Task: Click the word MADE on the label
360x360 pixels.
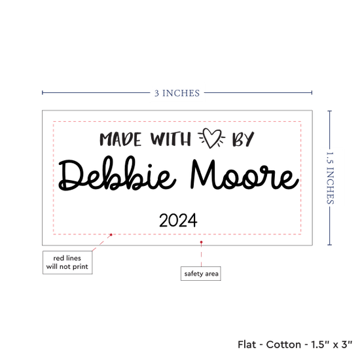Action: click(120, 139)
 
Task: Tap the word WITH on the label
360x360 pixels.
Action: click(171, 139)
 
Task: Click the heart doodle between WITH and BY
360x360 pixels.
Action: click(211, 137)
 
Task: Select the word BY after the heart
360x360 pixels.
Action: click(243, 139)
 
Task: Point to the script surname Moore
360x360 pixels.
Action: click(245, 174)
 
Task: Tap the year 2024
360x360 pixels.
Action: click(178, 221)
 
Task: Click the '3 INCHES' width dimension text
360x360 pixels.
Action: click(177, 93)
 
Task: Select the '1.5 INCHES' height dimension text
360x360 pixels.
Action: click(330, 178)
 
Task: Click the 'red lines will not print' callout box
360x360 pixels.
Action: click(67, 262)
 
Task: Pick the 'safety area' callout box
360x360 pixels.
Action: click(201, 274)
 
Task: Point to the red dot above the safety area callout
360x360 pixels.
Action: click(201, 242)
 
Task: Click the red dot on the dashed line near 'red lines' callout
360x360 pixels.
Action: click(111, 234)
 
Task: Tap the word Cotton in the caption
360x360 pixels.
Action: click(283, 344)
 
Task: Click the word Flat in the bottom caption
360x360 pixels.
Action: click(247, 344)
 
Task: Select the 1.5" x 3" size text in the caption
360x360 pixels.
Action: click(332, 344)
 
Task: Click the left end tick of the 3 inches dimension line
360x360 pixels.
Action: click(43, 92)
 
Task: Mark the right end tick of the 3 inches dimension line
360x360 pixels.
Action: click(312, 92)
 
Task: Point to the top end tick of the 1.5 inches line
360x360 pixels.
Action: click(330, 111)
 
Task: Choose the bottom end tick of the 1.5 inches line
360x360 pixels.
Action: click(330, 245)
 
